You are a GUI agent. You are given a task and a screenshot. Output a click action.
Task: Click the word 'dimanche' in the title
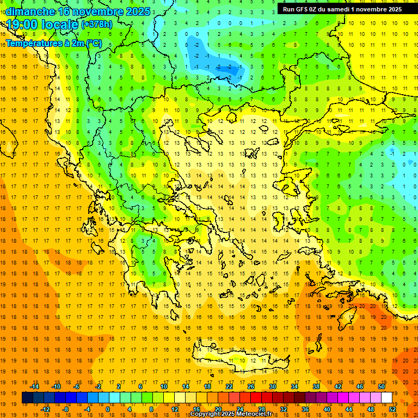pos(30,11)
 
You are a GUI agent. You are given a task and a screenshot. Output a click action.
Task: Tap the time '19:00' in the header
pos(21,24)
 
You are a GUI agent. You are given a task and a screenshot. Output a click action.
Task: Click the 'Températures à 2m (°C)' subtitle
pos(53,43)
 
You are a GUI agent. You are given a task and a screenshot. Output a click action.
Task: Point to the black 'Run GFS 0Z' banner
pos(342,9)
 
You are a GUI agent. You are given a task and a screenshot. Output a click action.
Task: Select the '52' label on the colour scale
pos(392,409)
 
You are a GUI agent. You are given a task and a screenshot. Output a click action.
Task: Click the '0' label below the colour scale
pos(107,409)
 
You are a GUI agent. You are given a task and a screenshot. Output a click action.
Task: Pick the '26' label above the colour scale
pos(251,386)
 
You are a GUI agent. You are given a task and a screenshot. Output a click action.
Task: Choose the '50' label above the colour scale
pos(381,386)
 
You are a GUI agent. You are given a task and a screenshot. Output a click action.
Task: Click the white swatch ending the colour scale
pos(386,397)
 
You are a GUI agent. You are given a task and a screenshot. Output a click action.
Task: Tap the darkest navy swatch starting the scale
pos(28,397)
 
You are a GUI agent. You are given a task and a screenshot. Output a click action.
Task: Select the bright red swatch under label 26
pos(256,397)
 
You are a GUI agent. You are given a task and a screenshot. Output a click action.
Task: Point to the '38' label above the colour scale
pos(316,386)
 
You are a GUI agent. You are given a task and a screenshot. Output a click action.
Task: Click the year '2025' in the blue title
pos(137,11)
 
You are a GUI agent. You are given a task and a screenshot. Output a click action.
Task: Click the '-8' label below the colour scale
pos(66,409)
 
